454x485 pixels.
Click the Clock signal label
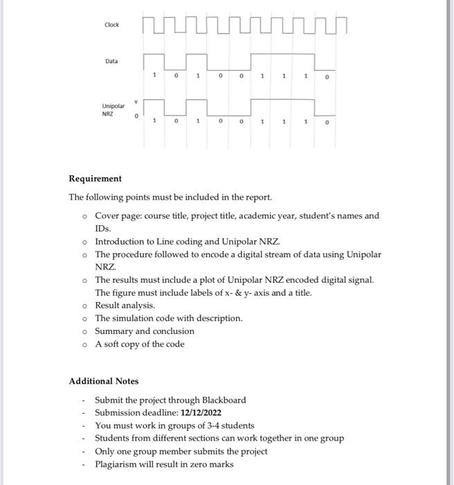pyautogui.click(x=111, y=25)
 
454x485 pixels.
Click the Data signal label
pyautogui.click(x=111, y=61)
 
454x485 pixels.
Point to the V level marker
pyautogui.click(x=136, y=98)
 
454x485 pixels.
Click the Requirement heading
pyautogui.click(x=95, y=178)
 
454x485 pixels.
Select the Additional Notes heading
pyautogui.click(x=103, y=381)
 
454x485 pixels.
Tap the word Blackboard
pyautogui.click(x=224, y=400)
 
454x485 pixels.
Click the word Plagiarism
pyautogui.click(x=118, y=464)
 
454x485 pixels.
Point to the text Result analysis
pyautogui.click(x=125, y=305)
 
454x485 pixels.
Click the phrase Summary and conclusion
pyautogui.click(x=145, y=330)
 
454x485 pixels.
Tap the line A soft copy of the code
pyautogui.click(x=140, y=344)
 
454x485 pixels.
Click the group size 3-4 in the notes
pyautogui.click(x=204, y=425)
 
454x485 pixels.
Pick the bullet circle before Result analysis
pyautogui.click(x=83, y=306)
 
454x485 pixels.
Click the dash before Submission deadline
pyautogui.click(x=82, y=413)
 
